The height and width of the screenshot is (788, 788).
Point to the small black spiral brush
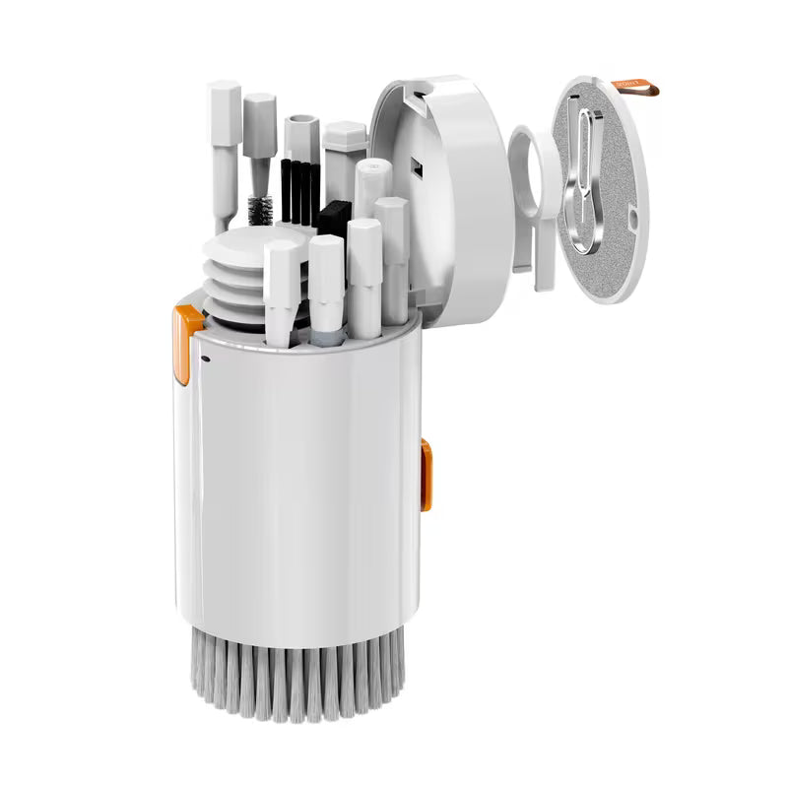[x=263, y=210]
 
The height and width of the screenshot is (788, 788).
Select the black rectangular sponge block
[x=333, y=220]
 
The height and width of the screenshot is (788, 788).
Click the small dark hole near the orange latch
[x=206, y=360]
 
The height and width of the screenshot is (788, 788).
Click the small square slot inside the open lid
[x=415, y=173]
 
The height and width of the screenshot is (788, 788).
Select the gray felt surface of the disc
[x=611, y=197]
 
